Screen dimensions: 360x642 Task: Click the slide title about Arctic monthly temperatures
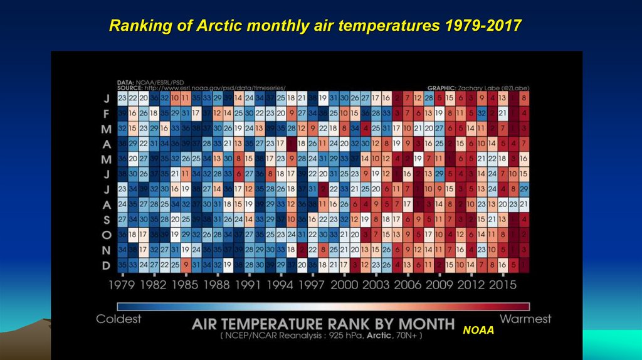(315, 26)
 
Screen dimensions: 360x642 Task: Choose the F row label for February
(107, 114)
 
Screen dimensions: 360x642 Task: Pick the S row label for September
(107, 219)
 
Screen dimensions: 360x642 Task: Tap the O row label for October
(107, 235)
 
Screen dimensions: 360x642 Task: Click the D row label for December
(107, 265)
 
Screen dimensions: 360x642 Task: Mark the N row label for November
(107, 250)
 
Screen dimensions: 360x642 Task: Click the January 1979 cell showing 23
(123, 98)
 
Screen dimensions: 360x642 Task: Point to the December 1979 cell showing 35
(123, 265)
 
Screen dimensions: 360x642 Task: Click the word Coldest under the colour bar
(118, 319)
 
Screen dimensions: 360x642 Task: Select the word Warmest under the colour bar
(525, 319)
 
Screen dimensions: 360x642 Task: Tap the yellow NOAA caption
(479, 329)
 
